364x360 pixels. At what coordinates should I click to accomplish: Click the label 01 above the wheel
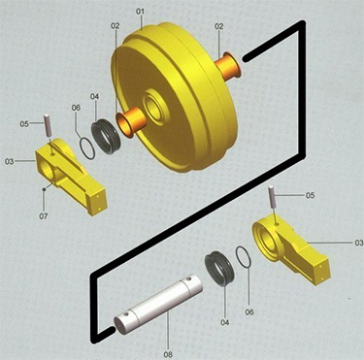(x=140, y=12)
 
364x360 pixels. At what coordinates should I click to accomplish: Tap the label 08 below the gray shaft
(x=168, y=354)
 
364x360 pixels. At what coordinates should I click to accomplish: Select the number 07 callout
(x=44, y=215)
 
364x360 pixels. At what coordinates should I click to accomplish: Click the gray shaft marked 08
(x=158, y=304)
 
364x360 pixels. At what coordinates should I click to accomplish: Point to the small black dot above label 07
(x=44, y=189)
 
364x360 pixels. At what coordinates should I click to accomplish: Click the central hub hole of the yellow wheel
(x=154, y=106)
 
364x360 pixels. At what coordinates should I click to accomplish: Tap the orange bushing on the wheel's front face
(x=131, y=121)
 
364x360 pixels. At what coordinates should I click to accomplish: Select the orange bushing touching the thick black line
(x=228, y=66)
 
